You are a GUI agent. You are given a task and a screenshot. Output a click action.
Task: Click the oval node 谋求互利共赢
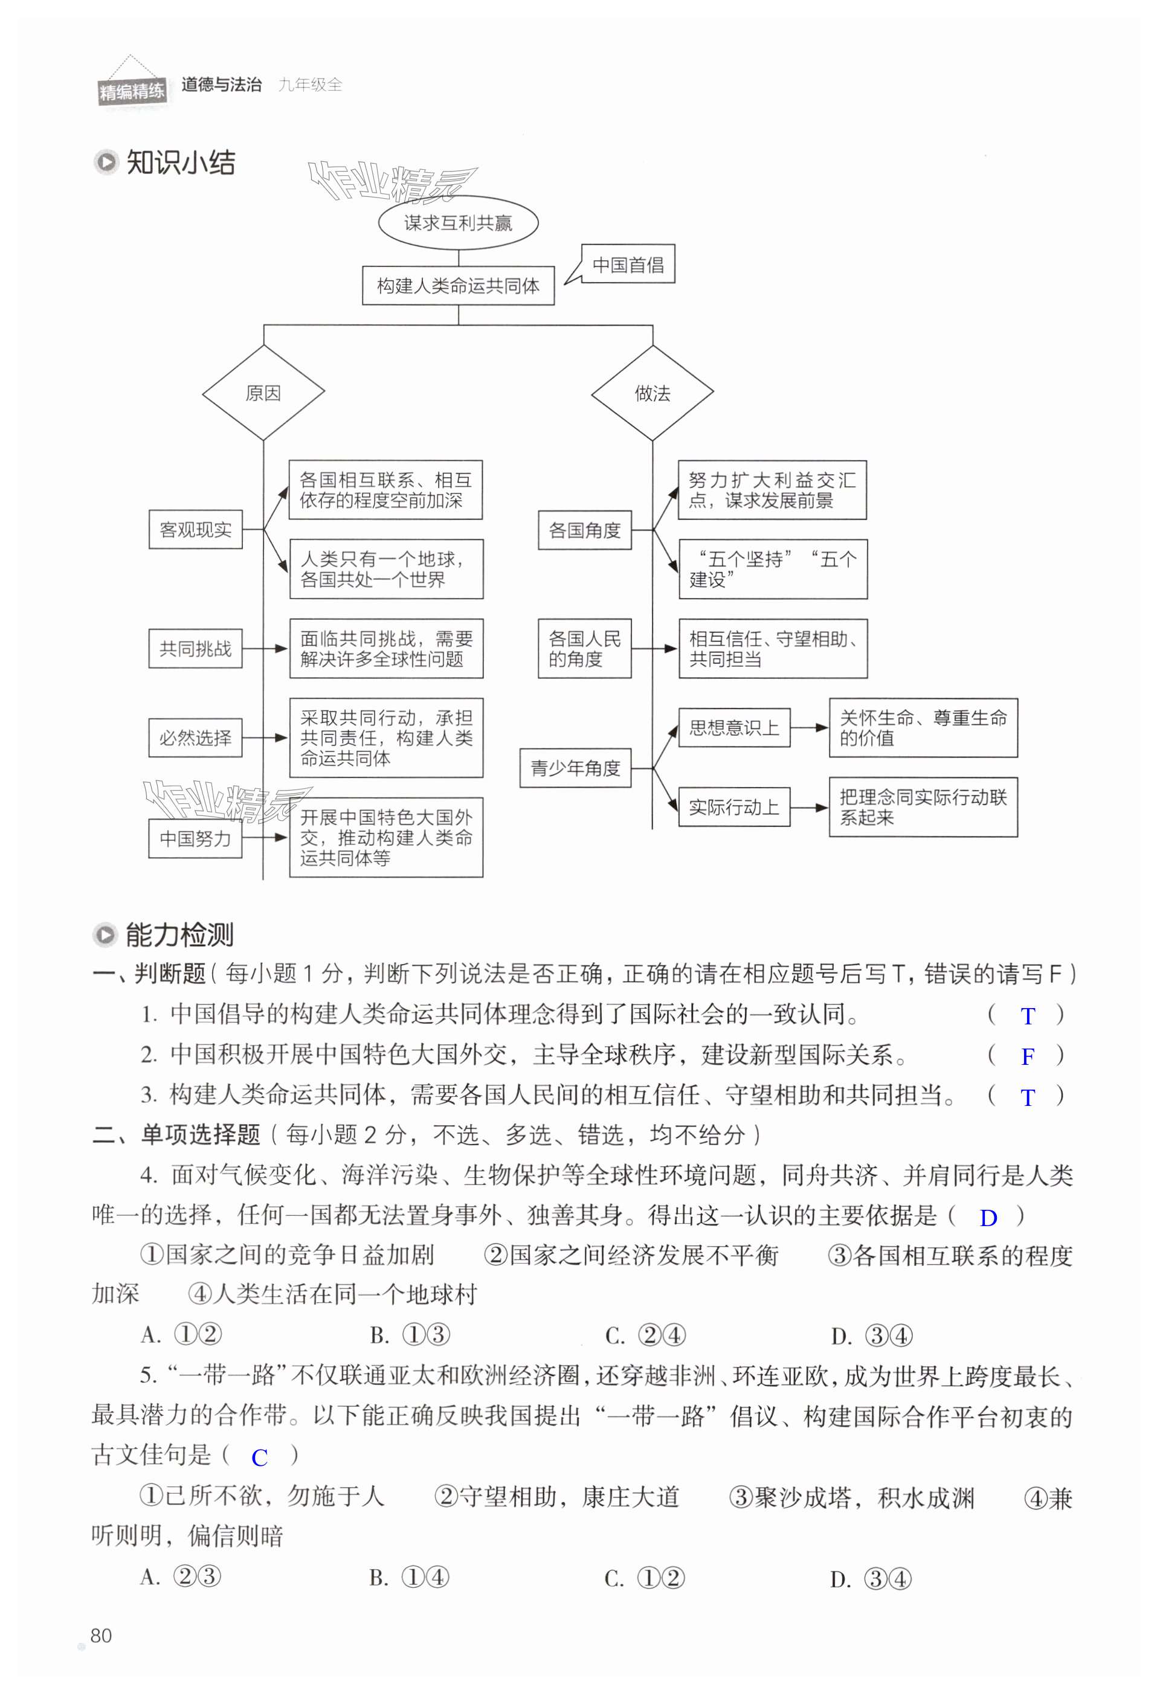457,223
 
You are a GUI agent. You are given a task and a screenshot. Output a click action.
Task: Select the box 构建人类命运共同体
457,286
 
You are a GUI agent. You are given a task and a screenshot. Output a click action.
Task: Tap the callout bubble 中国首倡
628,264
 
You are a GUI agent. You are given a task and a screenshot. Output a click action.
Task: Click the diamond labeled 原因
263,393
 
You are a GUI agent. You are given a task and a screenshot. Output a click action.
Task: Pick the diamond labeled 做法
652,393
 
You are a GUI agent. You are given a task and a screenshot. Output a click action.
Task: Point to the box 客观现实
195,530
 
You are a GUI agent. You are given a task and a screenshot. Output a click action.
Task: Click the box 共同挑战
195,648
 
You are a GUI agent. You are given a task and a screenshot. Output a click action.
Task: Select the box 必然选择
195,738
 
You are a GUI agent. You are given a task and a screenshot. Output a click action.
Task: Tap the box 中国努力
195,838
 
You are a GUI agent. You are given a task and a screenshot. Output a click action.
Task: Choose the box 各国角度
584,530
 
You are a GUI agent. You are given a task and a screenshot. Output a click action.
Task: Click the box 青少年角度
575,768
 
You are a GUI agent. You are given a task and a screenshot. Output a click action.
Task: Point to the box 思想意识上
733,728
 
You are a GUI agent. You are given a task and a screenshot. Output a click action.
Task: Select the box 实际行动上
733,807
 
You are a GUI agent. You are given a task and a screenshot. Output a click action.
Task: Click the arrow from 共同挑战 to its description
265,648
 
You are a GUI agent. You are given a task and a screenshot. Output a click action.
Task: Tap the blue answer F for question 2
1027,1056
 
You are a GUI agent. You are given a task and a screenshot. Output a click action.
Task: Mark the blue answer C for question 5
259,1457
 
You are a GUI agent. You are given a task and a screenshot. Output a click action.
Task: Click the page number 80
102,1636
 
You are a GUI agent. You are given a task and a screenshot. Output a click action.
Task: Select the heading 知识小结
180,162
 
